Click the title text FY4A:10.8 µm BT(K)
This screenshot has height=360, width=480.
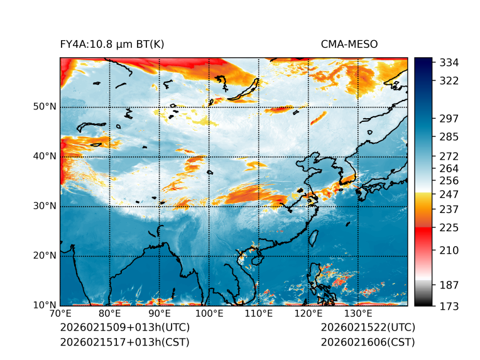[x=112, y=45]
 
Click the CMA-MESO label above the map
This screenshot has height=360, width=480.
[x=349, y=45]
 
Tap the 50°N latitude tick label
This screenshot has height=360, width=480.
[x=45, y=107]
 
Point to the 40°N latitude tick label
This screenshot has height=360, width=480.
[x=45, y=156]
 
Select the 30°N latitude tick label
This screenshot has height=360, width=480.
[x=45, y=206]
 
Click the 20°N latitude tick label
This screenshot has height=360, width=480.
[x=45, y=256]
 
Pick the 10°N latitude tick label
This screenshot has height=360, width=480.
[x=45, y=305]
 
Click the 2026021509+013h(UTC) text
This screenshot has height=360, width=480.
[x=124, y=328]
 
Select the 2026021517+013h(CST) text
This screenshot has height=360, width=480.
[x=124, y=342]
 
